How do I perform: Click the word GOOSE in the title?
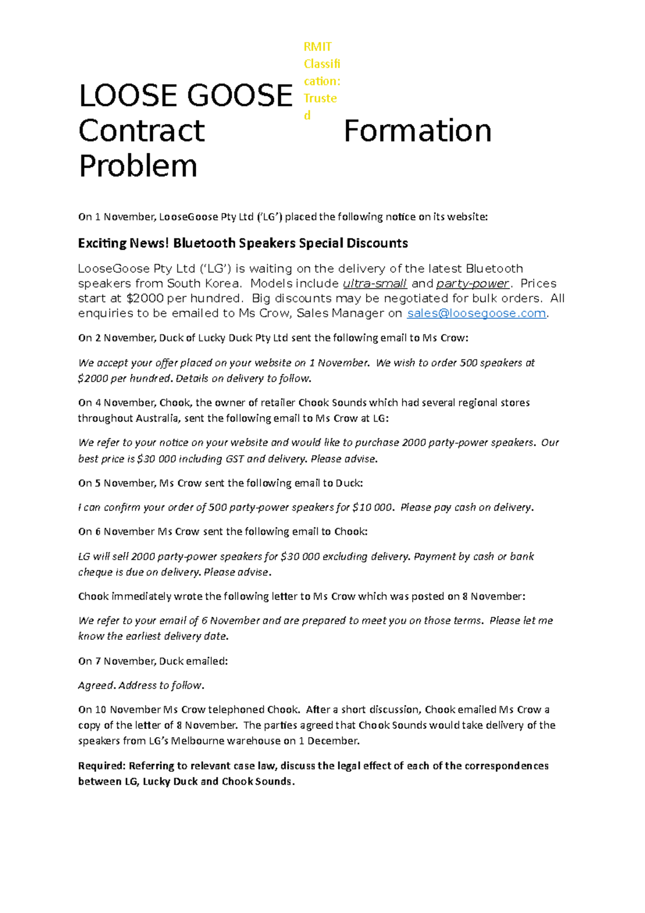(240, 96)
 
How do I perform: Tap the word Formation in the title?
(417, 131)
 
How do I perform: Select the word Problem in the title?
(138, 166)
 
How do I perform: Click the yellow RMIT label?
(318, 47)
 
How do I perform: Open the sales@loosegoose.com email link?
(476, 313)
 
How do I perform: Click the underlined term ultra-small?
(375, 283)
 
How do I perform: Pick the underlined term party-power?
(472, 283)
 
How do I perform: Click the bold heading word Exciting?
(102, 243)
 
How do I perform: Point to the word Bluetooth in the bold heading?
(204, 243)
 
